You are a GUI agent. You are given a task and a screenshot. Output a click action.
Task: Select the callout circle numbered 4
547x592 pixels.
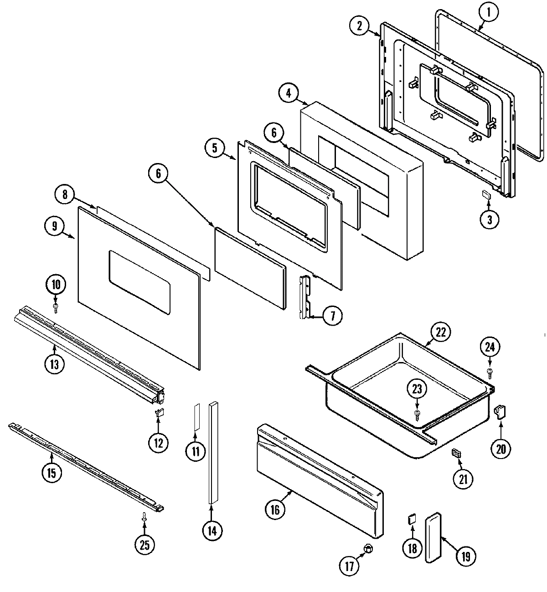point(289,93)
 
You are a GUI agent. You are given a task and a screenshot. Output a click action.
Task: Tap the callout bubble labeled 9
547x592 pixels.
point(55,226)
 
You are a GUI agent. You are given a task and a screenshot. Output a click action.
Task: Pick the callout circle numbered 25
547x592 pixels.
point(144,545)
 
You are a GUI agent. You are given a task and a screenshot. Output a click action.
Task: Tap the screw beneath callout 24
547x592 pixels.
point(490,373)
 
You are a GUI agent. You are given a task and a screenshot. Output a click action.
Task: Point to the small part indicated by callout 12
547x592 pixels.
point(159,413)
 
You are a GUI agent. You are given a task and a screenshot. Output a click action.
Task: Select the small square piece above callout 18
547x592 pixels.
point(412,519)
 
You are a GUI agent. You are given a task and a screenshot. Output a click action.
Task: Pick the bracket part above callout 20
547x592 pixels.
point(500,412)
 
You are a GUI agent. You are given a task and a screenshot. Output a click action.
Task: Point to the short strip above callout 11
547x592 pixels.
point(196,416)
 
